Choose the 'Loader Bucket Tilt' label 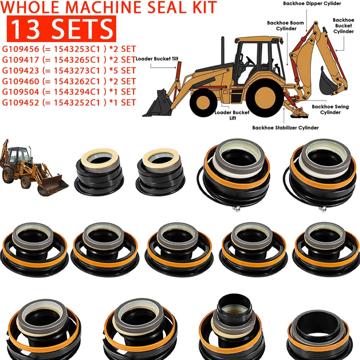[157, 59]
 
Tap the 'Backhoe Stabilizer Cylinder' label [285, 127]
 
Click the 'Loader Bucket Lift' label [226, 115]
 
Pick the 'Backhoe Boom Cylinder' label [285, 25]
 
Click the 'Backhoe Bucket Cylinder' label [343, 26]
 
